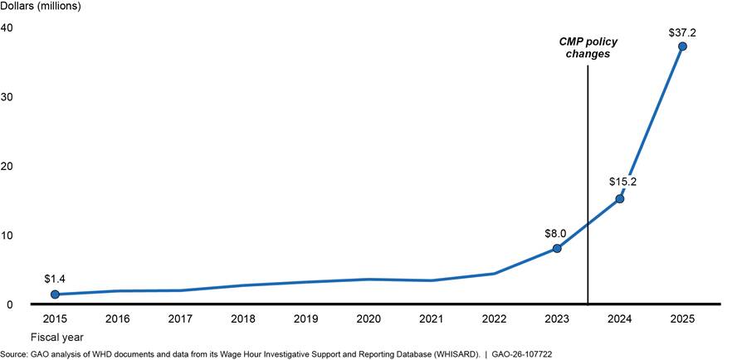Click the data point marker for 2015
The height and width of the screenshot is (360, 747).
[56, 294]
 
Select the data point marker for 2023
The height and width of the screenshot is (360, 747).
[557, 249]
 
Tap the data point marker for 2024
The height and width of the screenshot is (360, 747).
[620, 198]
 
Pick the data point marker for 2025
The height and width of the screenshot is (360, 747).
[682, 46]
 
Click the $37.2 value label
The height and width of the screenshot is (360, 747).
[682, 32]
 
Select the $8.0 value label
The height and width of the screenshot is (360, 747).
[556, 233]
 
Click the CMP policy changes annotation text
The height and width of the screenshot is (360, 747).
[588, 47]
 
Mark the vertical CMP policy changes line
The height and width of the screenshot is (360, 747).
[588, 185]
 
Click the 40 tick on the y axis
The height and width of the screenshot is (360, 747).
[7, 28]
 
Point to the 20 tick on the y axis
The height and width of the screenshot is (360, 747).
[7, 166]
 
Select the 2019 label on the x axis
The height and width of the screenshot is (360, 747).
[305, 318]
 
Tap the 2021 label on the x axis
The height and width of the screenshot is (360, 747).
[431, 318]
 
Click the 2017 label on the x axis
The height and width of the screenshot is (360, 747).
[181, 318]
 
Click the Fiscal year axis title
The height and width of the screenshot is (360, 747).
[57, 337]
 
